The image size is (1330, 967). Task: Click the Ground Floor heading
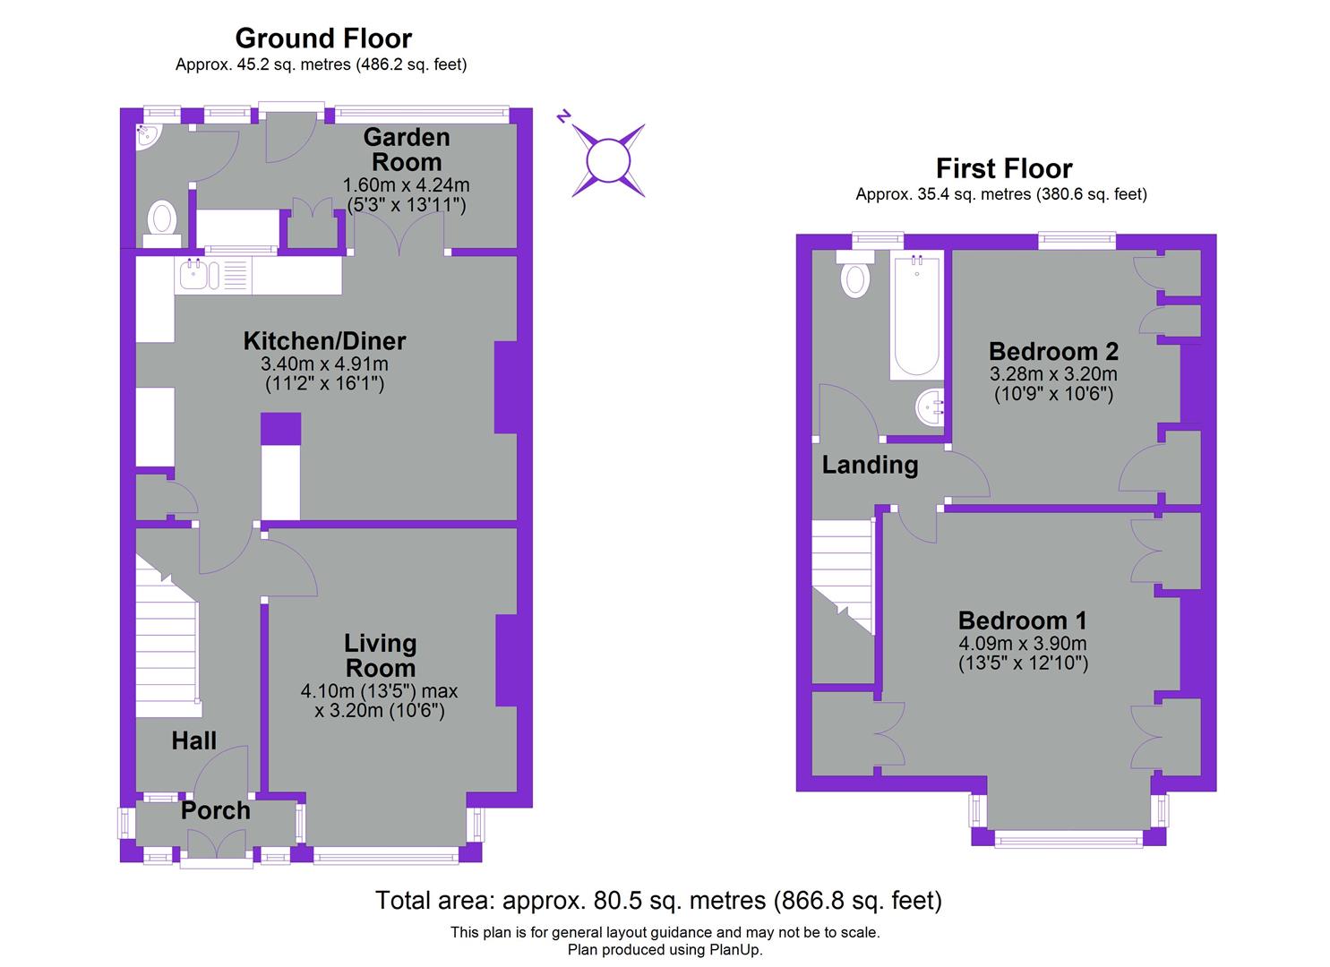[x=323, y=39]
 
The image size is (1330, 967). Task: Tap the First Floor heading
[x=1003, y=168]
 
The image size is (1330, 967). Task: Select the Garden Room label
[x=407, y=150]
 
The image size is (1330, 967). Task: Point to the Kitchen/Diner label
[x=324, y=341]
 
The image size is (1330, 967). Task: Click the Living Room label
[x=381, y=655]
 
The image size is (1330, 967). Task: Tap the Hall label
[x=194, y=740]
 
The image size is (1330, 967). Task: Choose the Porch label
[x=215, y=810]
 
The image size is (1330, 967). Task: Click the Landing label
[x=870, y=465]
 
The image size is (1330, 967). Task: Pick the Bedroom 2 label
[x=1053, y=350]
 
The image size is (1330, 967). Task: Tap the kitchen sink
[x=199, y=275]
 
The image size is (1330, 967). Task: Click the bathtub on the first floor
[x=915, y=315]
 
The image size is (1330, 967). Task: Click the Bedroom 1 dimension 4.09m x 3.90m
[x=1022, y=643]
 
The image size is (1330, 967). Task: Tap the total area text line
[x=658, y=900]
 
